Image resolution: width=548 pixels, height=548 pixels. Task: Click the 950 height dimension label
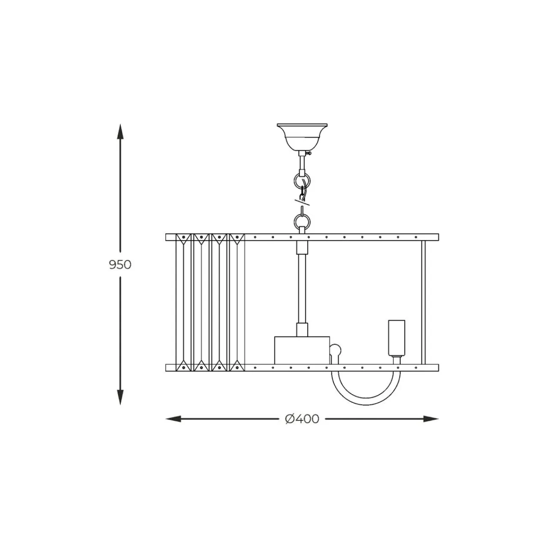[x=120, y=265]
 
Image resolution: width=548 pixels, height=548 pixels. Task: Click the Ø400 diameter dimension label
[x=302, y=419]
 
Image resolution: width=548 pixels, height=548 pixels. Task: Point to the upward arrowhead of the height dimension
[x=120, y=131]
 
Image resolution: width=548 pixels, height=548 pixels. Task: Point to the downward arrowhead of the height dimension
[x=120, y=397]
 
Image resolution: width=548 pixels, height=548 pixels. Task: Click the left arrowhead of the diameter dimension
[x=173, y=419]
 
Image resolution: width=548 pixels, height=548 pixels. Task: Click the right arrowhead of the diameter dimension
[x=431, y=419]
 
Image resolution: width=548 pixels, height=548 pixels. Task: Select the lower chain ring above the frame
[x=302, y=221]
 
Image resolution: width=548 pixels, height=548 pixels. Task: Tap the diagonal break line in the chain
[x=302, y=202]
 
